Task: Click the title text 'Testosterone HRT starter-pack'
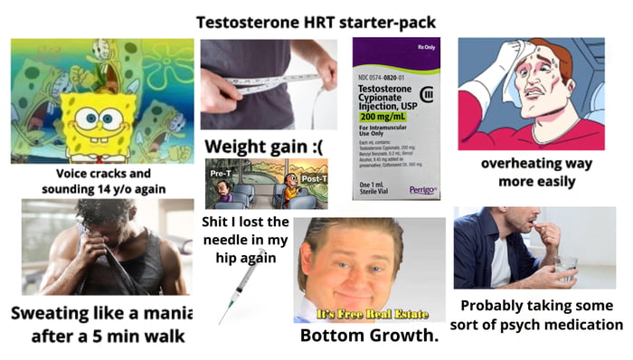(316, 21)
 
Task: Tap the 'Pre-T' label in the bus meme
(220, 173)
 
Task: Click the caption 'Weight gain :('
(264, 147)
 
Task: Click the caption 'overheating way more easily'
(535, 173)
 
